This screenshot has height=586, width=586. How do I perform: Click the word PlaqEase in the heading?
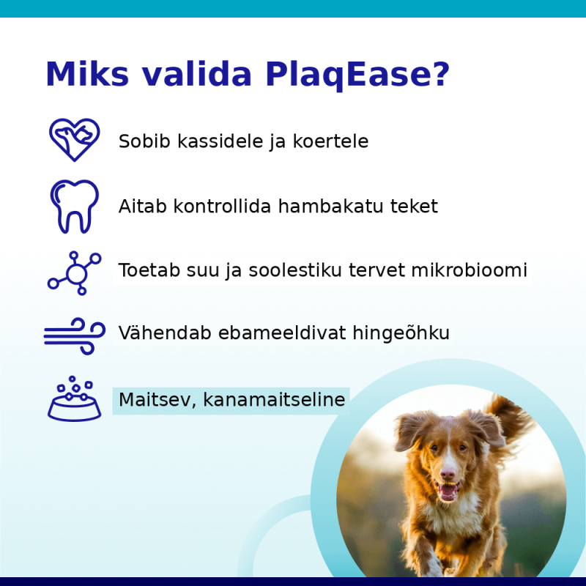tap(350, 75)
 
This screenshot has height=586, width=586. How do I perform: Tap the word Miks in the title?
tap(87, 74)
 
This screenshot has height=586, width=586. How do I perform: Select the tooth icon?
tap(75, 207)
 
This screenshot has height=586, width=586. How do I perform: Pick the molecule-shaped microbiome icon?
tap(75, 272)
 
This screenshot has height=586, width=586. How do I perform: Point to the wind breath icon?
tap(75, 336)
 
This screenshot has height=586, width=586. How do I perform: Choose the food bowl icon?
tap(75, 398)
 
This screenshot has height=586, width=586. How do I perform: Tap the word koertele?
tap(330, 141)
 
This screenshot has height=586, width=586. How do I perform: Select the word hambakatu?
tap(331, 206)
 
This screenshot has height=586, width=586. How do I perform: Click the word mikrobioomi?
tap(470, 270)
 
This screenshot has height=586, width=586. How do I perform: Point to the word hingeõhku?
tap(401, 333)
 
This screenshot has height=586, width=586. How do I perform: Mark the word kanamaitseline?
tap(274, 399)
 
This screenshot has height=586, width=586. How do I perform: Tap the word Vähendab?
tap(165, 333)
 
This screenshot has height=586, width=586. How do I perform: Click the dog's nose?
tap(448, 474)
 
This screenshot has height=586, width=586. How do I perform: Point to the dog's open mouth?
tap(448, 490)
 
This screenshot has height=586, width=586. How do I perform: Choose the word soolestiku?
tap(295, 270)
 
